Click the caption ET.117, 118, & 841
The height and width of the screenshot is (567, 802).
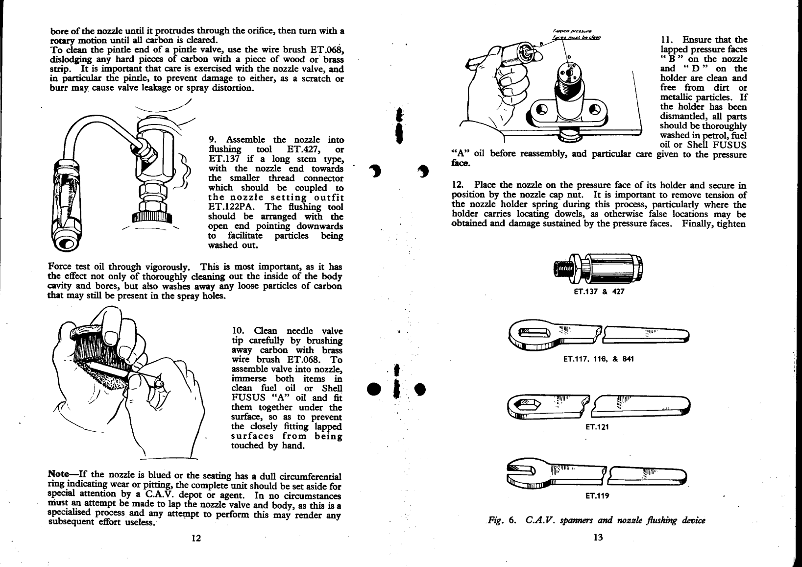click(598, 359)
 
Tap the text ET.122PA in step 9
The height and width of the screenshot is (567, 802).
click(226, 207)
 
